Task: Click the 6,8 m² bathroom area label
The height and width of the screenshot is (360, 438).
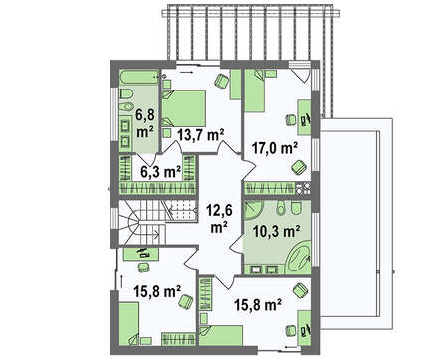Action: [x=145, y=123]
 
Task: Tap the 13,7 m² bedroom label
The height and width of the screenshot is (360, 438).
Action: [x=200, y=135]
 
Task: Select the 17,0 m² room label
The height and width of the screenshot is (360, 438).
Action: [x=274, y=148]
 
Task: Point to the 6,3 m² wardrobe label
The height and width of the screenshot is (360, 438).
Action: [x=161, y=172]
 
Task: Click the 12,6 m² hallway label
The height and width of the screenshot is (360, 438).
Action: [x=218, y=219]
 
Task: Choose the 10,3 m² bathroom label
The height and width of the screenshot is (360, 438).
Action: [x=277, y=231]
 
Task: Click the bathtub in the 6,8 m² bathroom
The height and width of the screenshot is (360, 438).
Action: [x=139, y=78]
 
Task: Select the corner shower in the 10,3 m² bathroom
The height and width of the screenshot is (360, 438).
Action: [x=254, y=210]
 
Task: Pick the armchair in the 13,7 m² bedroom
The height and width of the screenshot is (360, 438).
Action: [x=221, y=81]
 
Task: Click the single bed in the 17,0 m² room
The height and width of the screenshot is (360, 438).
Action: [x=255, y=90]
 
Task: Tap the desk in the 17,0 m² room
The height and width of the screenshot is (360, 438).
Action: [x=304, y=117]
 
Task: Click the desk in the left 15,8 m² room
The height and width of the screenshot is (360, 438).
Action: [x=141, y=255]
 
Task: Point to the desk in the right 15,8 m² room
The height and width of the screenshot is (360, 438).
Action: [x=304, y=328]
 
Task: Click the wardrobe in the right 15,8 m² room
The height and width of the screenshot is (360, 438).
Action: [x=205, y=294]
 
